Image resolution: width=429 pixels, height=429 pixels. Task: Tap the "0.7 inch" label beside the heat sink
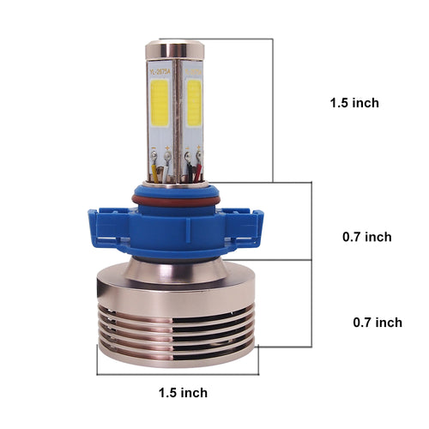coord(378,323)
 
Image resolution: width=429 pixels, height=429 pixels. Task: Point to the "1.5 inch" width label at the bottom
coord(183,393)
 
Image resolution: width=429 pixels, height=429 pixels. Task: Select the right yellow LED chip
coord(194,107)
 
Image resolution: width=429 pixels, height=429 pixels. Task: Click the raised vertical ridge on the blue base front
coord(177,231)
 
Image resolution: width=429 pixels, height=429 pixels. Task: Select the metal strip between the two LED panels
coord(178,112)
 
